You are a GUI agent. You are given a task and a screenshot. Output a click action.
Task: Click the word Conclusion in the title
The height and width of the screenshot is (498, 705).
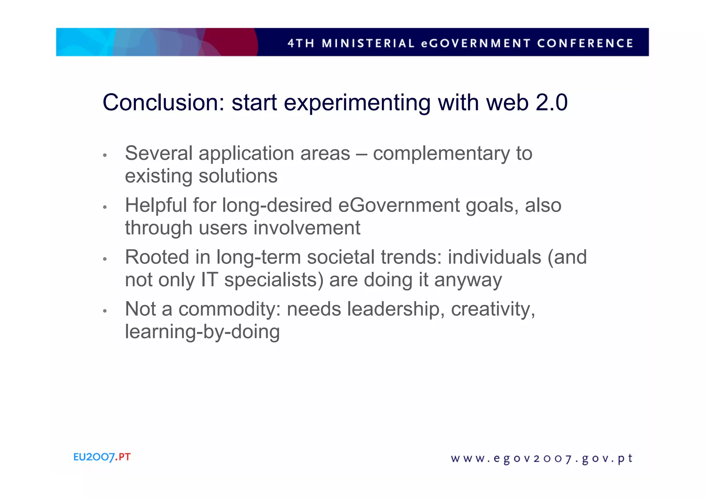164,103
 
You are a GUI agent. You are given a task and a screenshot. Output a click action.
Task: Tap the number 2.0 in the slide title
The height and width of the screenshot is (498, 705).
551,103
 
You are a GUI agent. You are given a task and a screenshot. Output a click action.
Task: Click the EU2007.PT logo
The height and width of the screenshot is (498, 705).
102,457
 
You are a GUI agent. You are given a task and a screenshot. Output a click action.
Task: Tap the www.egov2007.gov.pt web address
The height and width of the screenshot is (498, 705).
541,459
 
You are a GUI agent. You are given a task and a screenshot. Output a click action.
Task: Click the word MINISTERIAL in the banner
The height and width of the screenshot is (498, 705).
368,43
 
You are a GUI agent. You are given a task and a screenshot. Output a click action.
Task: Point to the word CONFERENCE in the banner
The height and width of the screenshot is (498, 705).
585,43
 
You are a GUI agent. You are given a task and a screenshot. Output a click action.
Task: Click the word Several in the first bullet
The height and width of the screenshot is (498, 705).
158,153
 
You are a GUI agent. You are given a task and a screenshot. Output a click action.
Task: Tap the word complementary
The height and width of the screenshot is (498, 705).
441,154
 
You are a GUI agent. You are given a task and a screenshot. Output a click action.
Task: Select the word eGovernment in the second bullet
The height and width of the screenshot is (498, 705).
399,205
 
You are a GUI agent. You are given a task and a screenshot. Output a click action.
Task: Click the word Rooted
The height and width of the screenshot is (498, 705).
157,257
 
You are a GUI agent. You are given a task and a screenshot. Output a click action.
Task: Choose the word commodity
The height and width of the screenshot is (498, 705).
227,309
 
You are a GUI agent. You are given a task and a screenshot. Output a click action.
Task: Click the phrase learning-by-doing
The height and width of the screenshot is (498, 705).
202,332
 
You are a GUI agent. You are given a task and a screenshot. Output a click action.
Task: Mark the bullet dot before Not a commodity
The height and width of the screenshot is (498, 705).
105,311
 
